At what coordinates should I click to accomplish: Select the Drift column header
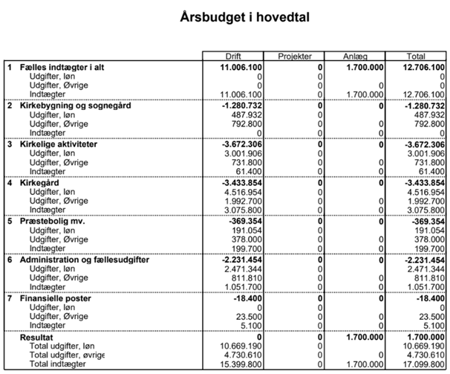point(233,57)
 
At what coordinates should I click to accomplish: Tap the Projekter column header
point(294,57)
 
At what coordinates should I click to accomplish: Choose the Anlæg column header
point(355,57)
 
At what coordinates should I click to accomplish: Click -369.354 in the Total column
point(427,222)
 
